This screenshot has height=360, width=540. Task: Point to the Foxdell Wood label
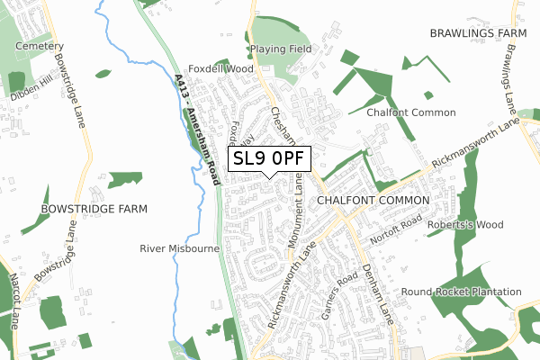coord(220,68)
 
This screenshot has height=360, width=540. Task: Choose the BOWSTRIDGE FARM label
coord(94,208)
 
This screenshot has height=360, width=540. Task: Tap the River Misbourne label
coord(175,247)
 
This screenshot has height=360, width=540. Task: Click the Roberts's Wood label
coord(465,226)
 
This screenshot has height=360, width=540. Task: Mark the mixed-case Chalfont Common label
coord(410,112)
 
